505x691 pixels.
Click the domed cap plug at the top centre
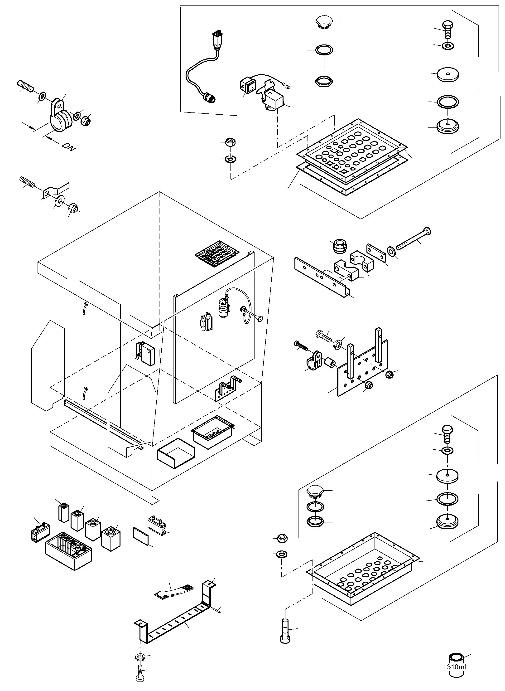[323, 22]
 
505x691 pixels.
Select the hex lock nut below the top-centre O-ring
[323, 82]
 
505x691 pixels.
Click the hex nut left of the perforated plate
[230, 142]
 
